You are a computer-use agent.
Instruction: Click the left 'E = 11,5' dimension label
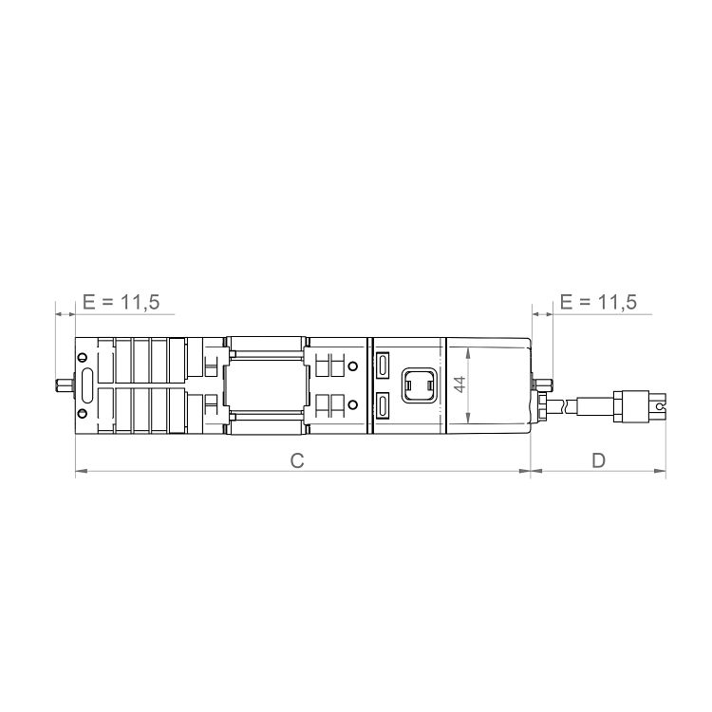coord(121,303)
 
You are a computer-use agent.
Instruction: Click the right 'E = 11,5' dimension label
coord(598,303)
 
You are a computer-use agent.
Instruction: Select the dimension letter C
coord(296,460)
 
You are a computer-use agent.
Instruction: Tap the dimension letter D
coord(598,460)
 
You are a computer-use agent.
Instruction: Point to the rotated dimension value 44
coord(459,384)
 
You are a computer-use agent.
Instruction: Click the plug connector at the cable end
coord(641,406)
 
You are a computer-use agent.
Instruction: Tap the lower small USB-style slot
coord(383,406)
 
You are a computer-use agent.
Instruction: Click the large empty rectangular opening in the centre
coord(266,384)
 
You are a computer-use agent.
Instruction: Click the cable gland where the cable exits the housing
coord(545,405)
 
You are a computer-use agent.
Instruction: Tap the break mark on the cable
coord(569,405)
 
